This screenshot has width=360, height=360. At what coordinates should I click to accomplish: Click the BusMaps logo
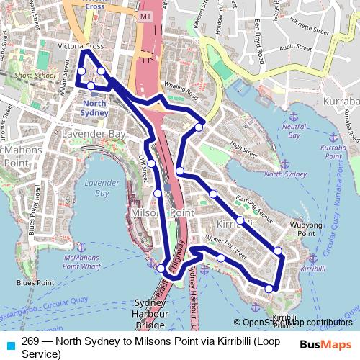326,345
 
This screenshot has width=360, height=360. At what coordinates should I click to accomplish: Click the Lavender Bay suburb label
94,135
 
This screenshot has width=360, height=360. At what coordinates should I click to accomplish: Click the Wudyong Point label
306,229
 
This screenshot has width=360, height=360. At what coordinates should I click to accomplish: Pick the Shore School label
35,75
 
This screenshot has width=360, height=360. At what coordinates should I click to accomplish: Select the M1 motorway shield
147,15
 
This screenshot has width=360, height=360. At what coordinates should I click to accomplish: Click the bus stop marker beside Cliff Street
152,163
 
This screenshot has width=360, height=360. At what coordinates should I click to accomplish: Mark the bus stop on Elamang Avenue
240,220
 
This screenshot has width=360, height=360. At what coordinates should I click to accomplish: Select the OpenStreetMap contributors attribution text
297,323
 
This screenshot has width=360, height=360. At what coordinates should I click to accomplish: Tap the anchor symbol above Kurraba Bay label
333,136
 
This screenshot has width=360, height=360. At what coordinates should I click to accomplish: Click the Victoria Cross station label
85,46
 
